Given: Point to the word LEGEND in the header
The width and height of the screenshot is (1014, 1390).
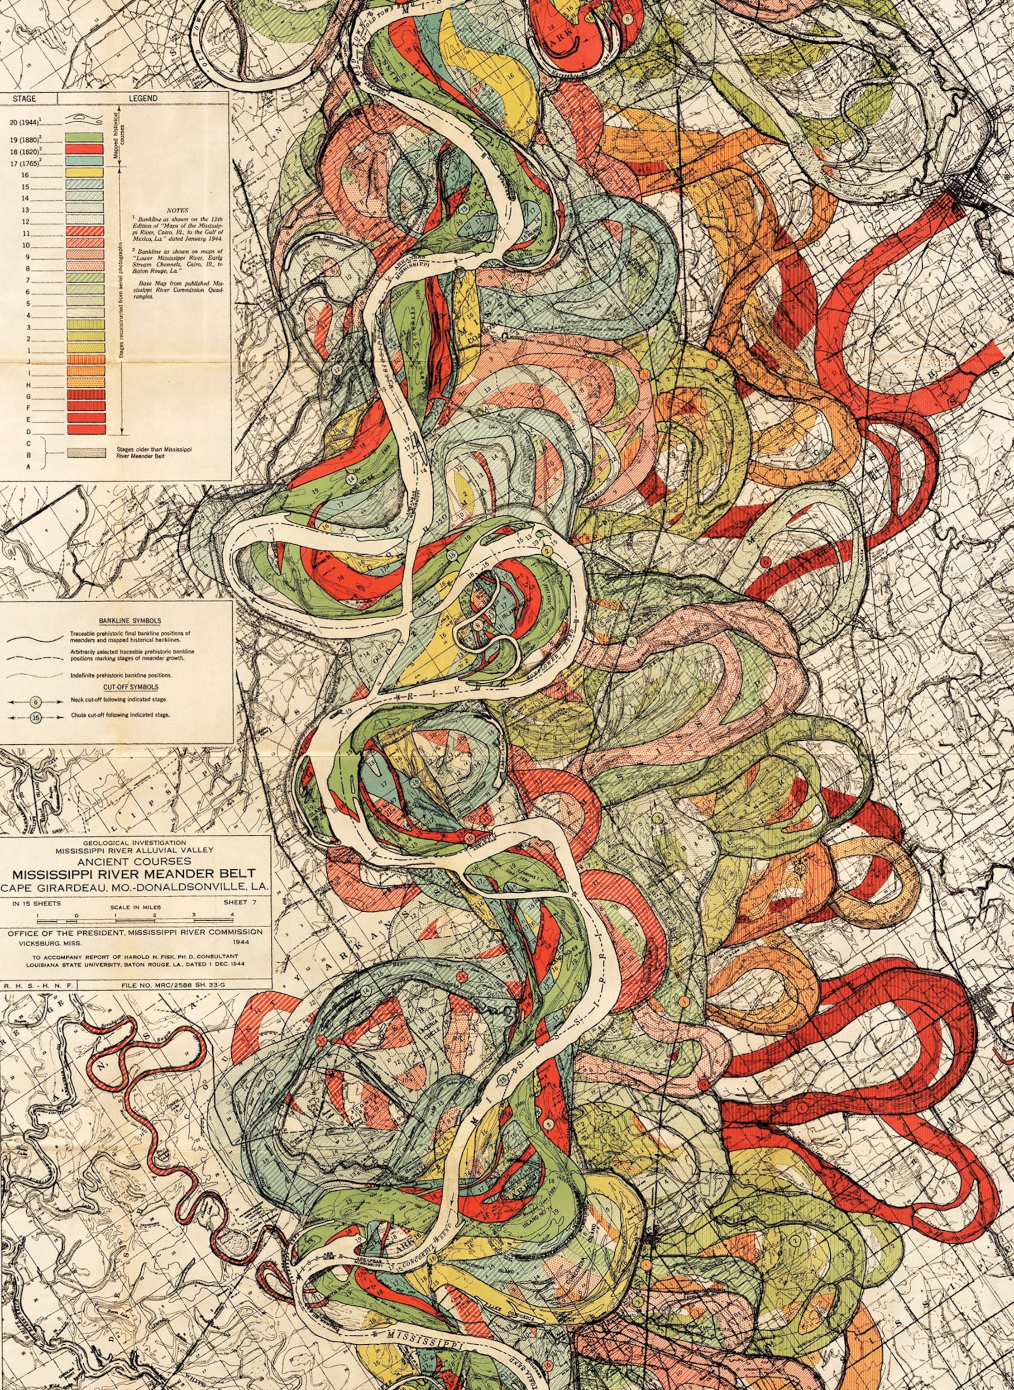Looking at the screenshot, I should [x=143, y=98].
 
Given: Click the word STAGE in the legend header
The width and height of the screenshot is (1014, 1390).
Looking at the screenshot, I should [x=24, y=98].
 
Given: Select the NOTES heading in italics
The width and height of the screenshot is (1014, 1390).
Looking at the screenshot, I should [x=177, y=210].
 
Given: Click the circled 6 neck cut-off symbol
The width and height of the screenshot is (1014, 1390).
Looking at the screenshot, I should [x=36, y=700].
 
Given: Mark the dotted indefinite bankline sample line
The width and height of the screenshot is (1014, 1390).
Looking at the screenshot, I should [x=35, y=674].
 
